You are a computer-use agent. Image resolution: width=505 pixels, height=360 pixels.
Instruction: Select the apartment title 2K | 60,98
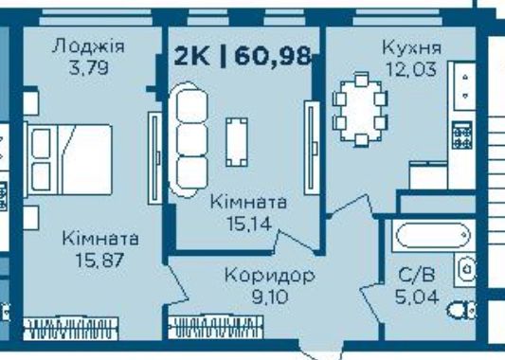tap(243, 55)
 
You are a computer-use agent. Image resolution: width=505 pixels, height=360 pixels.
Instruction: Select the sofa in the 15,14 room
tap(189, 135)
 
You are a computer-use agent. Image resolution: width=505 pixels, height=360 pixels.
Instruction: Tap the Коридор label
tap(268, 276)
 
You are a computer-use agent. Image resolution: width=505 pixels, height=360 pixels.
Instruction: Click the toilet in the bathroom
tap(463, 308)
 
